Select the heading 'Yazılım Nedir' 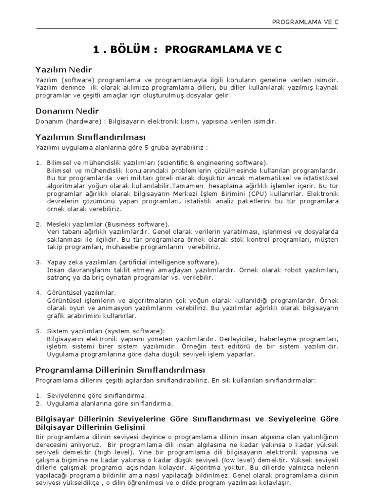(64, 70)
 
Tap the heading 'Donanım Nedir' (67, 111)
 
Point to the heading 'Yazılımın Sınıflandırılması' (91, 137)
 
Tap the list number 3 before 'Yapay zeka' (38, 262)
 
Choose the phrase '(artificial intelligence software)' (166, 262)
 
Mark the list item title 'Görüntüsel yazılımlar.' (81, 292)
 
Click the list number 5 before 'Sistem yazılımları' (38, 331)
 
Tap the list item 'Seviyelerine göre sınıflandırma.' (96, 395)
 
